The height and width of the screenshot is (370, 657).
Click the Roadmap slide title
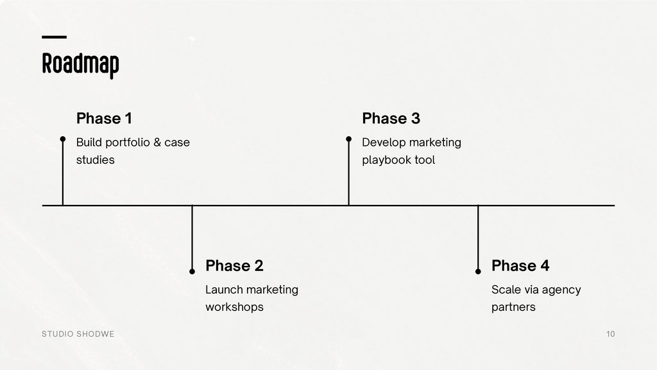click(x=80, y=64)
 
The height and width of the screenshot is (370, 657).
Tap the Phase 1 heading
click(x=104, y=119)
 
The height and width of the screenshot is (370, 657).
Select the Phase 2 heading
click(x=234, y=266)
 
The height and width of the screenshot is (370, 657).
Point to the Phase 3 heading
click(x=391, y=119)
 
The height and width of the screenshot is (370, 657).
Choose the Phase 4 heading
click(x=520, y=266)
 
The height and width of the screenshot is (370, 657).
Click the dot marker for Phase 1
click(x=63, y=139)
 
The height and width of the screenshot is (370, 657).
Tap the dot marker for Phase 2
click(x=192, y=272)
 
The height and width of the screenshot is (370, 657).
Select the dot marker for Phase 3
click(x=348, y=139)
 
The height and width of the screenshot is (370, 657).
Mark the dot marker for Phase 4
click(x=478, y=272)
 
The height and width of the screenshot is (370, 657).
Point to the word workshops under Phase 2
click(x=234, y=307)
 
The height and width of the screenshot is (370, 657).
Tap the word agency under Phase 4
click(x=561, y=290)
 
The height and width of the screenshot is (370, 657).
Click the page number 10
click(x=610, y=334)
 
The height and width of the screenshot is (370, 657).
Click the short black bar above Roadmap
click(x=54, y=37)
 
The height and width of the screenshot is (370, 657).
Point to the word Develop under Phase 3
click(x=384, y=143)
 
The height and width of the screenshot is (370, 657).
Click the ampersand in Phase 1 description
click(x=157, y=143)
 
